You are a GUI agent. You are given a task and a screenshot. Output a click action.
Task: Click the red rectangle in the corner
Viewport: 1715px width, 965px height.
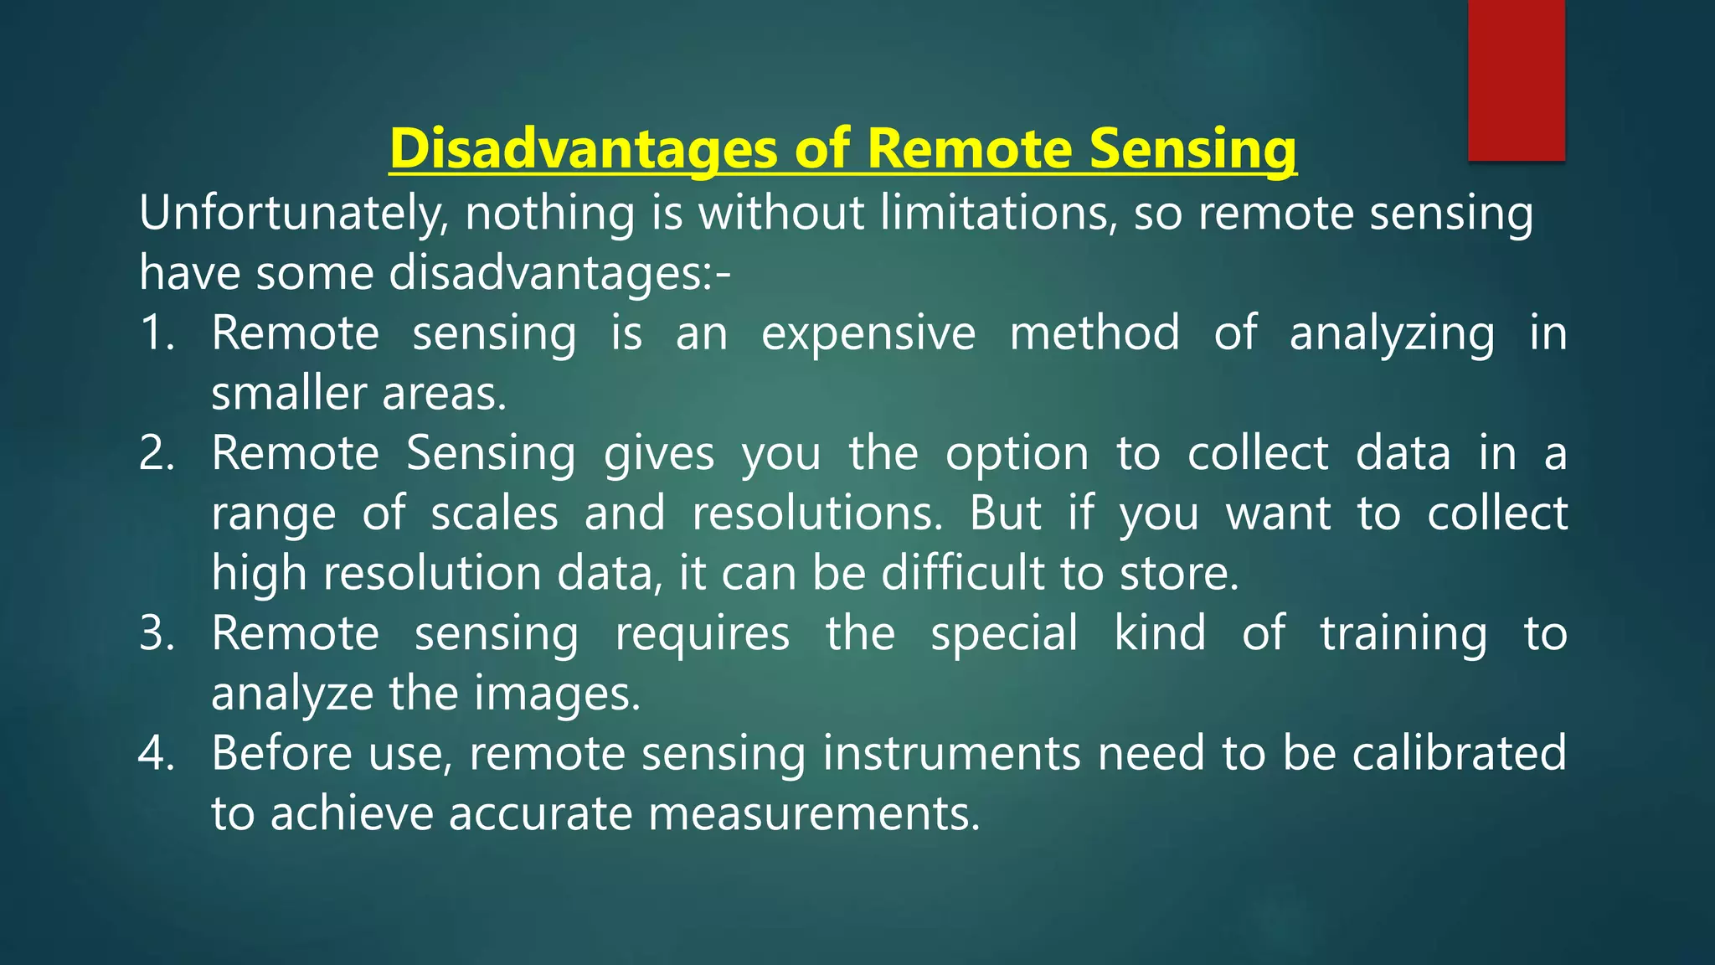pos(1516,80)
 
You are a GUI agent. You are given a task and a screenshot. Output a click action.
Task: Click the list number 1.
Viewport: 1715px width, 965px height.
pos(156,333)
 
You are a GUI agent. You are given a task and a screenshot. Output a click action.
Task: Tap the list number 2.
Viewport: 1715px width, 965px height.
pos(156,453)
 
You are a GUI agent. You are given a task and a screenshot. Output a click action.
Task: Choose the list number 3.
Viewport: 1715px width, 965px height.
pos(156,633)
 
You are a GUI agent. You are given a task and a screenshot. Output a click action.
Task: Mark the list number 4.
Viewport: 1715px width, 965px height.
pos(156,753)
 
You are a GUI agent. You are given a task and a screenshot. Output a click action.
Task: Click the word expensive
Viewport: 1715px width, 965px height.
pos(868,333)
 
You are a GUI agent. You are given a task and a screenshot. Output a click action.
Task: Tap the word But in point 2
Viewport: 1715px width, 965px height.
pos(1005,513)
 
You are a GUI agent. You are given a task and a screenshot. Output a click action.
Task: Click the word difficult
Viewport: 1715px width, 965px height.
pos(964,574)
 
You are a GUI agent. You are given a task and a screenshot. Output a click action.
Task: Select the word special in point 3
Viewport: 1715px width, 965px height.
pos(1004,633)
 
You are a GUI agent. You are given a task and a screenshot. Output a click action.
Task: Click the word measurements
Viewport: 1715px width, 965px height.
pos(813,813)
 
